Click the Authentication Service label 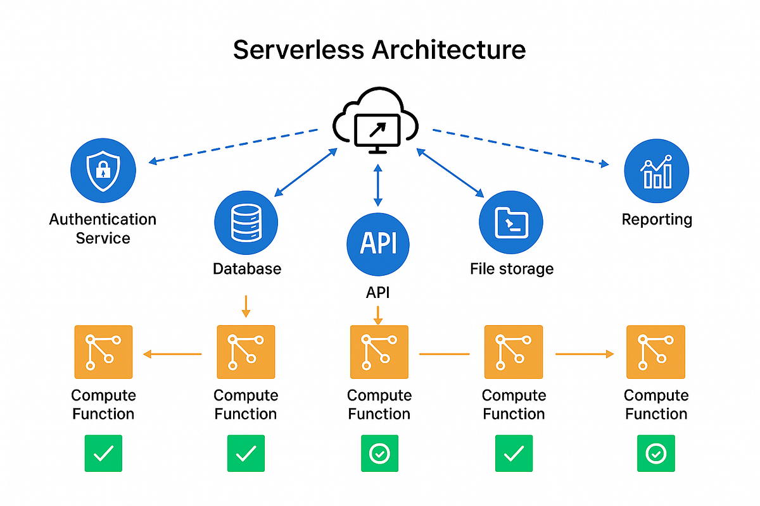(x=103, y=228)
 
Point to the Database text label (x=246, y=269)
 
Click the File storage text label (x=511, y=269)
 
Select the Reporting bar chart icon (x=656, y=171)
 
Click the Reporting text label (x=657, y=219)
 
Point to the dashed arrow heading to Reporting (x=519, y=147)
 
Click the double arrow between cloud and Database (x=305, y=171)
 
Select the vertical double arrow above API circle (x=378, y=185)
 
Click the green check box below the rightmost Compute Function (x=655, y=454)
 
